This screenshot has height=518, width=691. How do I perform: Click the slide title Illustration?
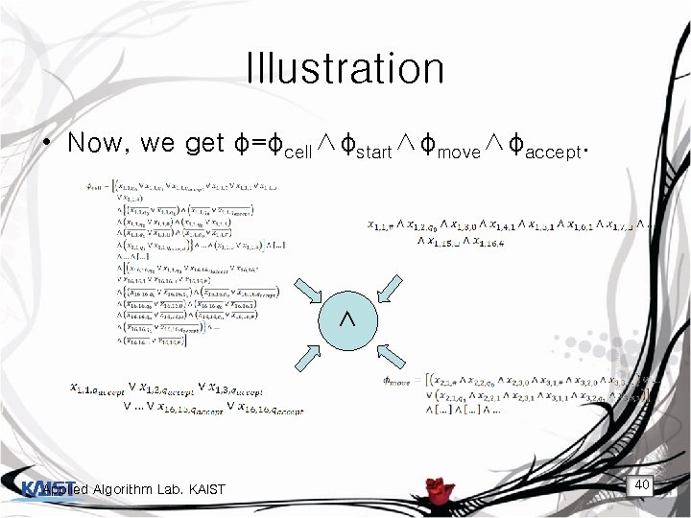345,69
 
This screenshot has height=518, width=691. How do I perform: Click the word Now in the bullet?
100,144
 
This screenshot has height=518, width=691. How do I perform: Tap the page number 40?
642,485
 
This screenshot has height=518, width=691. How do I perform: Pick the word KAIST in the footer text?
203,491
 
